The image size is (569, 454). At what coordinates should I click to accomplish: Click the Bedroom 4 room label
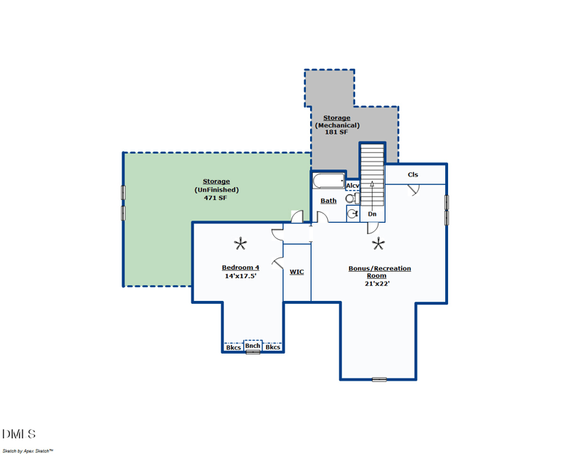240,268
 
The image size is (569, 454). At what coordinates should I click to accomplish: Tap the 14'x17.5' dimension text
240,276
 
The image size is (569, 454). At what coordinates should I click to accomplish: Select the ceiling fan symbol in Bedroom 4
240,243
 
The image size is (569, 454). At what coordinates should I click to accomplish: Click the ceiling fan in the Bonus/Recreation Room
378,243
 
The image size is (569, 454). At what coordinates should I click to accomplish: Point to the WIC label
297,272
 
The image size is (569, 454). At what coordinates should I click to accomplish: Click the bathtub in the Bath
329,181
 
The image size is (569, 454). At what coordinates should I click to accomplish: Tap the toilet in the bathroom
352,199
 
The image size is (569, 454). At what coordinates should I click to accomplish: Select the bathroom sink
353,213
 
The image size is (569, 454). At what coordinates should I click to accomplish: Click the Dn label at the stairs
372,214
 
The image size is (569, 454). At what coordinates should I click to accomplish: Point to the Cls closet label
413,175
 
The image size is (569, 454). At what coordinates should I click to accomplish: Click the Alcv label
352,186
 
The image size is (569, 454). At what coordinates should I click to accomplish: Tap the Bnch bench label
252,345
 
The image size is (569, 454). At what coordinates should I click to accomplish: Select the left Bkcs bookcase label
233,347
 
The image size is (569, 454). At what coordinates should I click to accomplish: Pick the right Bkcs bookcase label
272,347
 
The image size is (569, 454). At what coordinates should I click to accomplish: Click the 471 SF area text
216,198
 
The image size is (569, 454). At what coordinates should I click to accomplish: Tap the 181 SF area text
336,132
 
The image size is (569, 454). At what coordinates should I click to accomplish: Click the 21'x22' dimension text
378,284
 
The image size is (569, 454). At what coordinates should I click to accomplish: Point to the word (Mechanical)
337,125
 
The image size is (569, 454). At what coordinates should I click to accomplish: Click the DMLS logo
19,434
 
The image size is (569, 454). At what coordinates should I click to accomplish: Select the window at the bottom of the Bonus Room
379,379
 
